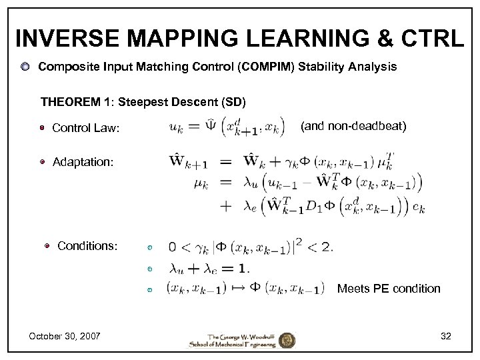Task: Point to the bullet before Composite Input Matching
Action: (x=25, y=67)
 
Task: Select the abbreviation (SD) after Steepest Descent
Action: (x=233, y=103)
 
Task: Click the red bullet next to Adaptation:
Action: (x=42, y=161)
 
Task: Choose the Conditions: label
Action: (x=87, y=246)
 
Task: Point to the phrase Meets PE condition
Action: (x=389, y=289)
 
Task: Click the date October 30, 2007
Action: (x=65, y=336)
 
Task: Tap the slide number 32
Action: (x=446, y=336)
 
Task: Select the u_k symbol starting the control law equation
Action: (x=177, y=127)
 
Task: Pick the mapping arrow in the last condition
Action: (x=237, y=289)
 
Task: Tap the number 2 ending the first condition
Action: (x=326, y=247)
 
